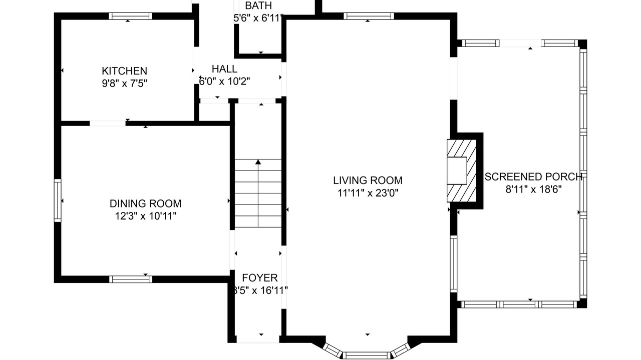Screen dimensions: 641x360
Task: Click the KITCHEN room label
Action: coord(125,71)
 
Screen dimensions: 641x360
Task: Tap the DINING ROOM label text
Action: coord(145,203)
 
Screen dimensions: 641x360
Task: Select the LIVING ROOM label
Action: coord(368,180)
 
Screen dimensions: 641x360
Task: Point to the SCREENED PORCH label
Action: coord(533,177)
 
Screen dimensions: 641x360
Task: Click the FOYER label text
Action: coord(260,277)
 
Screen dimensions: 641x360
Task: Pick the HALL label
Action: coord(225,69)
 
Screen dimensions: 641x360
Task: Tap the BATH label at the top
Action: coord(258,5)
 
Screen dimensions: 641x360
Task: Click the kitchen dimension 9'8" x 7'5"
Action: coord(125,83)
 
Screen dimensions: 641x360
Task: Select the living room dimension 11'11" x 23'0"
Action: coord(368,193)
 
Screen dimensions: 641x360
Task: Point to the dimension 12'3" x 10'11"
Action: coord(146,216)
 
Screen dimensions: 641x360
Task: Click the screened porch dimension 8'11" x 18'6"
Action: coord(534,189)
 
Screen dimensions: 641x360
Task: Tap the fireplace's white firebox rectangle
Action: coord(457,170)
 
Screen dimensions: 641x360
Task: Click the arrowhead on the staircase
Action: coord(258,162)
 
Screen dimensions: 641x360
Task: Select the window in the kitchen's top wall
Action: coord(131,16)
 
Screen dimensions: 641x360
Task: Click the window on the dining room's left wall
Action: coord(58,200)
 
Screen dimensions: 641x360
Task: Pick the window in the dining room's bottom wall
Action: coord(131,279)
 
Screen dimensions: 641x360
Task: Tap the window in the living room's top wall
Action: coord(369,16)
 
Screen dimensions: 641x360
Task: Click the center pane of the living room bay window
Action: coord(367,355)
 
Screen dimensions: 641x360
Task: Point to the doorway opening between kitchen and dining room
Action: coord(108,123)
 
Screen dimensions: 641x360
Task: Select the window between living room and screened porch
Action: coord(454,263)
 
